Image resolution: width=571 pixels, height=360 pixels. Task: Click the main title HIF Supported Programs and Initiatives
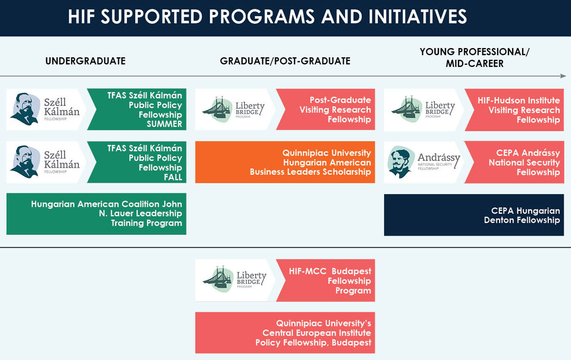(267, 17)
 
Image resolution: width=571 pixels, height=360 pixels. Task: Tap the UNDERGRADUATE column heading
(86, 61)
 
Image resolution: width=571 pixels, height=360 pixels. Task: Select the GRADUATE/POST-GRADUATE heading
(285, 61)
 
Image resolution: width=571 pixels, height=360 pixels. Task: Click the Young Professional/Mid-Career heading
(474, 58)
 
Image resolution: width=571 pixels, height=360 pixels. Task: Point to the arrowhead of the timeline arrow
(563, 76)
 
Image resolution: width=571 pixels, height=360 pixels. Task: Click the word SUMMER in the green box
(164, 124)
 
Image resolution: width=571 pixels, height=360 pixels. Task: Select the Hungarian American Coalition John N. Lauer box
(97, 214)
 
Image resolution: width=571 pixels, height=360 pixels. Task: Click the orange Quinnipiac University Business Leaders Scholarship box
(285, 162)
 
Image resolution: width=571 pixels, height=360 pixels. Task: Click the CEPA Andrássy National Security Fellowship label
(519, 162)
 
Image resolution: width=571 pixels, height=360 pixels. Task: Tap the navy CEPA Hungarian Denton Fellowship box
(474, 215)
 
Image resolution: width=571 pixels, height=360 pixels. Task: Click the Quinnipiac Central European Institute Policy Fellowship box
(285, 332)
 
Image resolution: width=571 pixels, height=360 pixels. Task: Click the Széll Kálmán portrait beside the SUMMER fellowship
(24, 109)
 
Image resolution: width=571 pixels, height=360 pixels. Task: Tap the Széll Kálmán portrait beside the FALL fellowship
(24, 162)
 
